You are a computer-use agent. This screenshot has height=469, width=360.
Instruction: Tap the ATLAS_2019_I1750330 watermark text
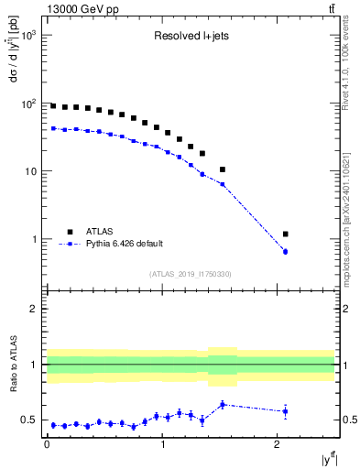click(x=191, y=274)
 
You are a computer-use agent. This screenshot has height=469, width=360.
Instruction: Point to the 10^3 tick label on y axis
click(x=29, y=35)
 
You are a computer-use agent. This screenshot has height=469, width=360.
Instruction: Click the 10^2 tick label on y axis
click(x=29, y=103)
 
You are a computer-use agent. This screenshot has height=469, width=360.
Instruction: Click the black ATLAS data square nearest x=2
click(x=286, y=234)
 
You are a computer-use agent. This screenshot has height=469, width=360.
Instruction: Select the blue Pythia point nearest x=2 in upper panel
click(x=286, y=251)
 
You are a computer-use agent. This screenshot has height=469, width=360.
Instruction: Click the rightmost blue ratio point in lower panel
click(x=286, y=411)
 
